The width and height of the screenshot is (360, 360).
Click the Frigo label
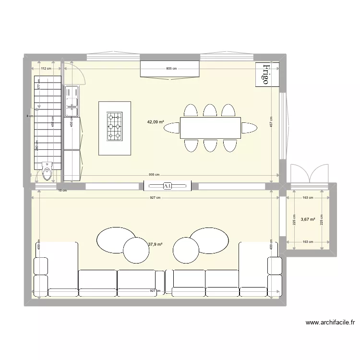point(264,74)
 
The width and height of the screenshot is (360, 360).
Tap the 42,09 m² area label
point(156,122)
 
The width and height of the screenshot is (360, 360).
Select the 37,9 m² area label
point(155,244)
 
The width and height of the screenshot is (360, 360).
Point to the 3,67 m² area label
point(308,219)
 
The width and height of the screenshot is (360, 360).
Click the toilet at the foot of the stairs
point(47,171)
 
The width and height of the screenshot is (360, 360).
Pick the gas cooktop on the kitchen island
point(115,126)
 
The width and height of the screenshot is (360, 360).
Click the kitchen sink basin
point(72,101)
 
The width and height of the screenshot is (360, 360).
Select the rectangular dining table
point(210,127)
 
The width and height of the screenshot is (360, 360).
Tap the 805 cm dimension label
point(171,69)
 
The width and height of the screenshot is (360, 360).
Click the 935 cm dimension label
point(155,175)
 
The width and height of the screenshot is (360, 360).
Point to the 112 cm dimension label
point(46,69)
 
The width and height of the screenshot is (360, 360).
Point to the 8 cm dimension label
point(30,116)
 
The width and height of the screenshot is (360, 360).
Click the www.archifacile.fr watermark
point(329,323)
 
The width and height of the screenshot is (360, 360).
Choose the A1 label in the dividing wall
point(168,186)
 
